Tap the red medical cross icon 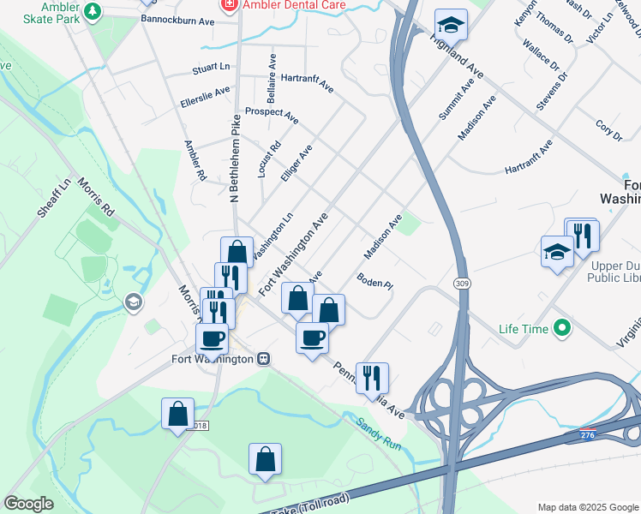(x=229, y=4)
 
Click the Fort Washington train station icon (x=265, y=359)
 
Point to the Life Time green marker (x=562, y=327)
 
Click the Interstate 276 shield (x=587, y=436)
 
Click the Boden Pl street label (x=374, y=281)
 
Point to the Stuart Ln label (x=212, y=65)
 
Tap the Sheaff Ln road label (x=54, y=198)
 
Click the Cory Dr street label (x=609, y=130)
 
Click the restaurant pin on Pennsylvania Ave (x=372, y=376)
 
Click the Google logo (x=28, y=504)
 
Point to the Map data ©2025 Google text (x=587, y=507)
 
